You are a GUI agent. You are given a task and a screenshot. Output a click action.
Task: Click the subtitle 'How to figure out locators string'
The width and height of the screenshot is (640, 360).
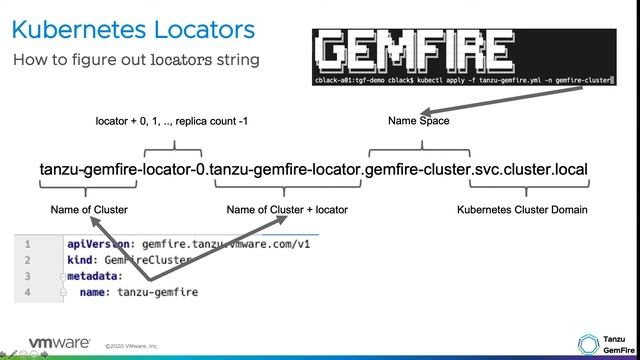tap(136, 60)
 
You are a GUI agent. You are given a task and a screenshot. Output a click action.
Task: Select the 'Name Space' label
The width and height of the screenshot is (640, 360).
tap(419, 122)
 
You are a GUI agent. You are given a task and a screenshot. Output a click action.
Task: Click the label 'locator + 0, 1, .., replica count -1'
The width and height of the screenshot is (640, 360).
tap(172, 122)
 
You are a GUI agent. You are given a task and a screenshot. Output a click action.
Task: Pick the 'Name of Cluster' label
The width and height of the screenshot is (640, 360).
tap(89, 210)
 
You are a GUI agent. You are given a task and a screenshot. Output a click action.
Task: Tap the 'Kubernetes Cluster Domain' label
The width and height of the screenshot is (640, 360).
tap(522, 210)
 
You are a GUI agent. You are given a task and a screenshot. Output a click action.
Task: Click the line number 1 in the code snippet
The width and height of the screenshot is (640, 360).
tap(28, 243)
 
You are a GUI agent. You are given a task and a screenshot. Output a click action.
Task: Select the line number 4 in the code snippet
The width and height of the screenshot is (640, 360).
tap(28, 292)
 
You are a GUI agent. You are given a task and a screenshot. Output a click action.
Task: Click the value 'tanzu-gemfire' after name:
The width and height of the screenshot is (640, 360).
tap(157, 292)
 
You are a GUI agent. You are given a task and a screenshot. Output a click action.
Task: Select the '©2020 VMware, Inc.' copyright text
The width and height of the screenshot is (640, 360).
tap(131, 346)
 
